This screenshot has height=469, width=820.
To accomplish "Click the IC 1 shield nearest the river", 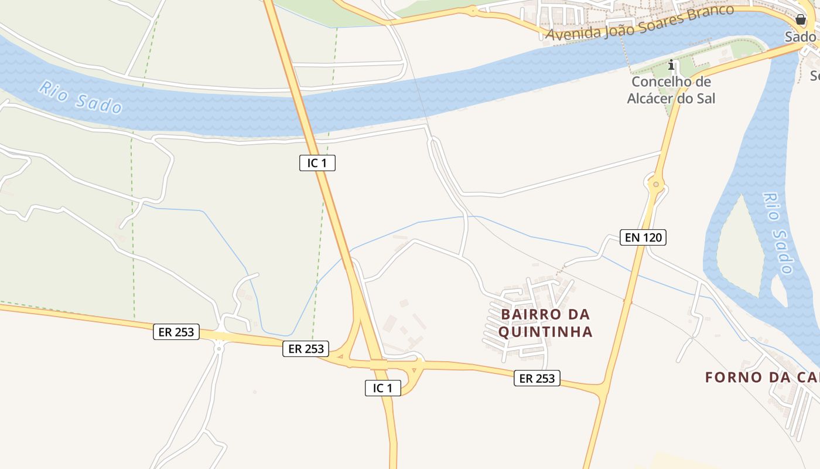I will click(x=317, y=163).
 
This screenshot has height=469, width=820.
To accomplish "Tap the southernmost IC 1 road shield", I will click(x=383, y=388).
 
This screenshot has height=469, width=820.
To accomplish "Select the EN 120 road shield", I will click(x=643, y=237).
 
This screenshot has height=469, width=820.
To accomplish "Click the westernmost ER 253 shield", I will click(x=176, y=332).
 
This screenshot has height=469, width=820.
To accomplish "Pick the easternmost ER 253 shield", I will click(x=537, y=378).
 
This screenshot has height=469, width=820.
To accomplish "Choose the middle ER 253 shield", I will click(x=306, y=349).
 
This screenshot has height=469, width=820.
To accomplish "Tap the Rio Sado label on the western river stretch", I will click(x=80, y=97).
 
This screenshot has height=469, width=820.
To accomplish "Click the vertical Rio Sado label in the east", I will click(x=778, y=233).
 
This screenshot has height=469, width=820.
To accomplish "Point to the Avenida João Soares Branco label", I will click(x=639, y=23).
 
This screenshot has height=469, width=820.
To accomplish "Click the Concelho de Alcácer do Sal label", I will click(x=671, y=90).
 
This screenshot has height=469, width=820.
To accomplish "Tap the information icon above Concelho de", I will click(x=671, y=64).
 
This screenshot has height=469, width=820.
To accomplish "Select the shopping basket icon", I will click(x=801, y=20).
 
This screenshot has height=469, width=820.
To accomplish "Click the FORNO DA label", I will click(x=762, y=377).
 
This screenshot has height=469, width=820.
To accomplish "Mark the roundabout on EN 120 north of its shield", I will click(x=656, y=185).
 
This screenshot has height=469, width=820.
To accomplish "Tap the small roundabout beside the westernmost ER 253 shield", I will click(x=218, y=348).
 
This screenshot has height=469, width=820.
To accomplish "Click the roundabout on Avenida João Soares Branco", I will click(x=472, y=11).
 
